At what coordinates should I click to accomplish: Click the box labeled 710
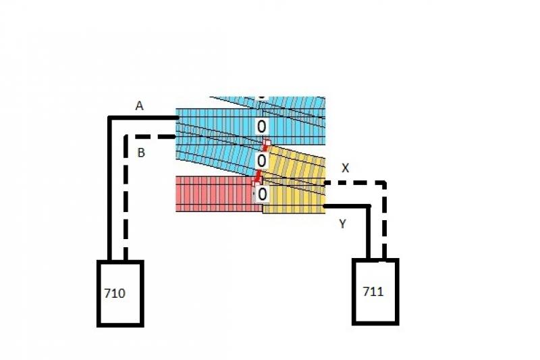pos(121,294)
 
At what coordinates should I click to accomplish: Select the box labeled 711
pos(375,292)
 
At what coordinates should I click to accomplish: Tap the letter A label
pos(139,106)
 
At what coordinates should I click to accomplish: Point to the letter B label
pos(141,153)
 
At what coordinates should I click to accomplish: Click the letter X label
pos(345,168)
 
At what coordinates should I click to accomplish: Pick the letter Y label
pos(342,224)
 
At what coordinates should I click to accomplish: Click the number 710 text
pos(115,294)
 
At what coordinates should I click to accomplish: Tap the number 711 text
pos(373,292)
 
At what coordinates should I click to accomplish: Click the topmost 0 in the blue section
pos(261,127)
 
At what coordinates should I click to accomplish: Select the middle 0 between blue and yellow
pos(261,161)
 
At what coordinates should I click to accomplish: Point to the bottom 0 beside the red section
pos(262,195)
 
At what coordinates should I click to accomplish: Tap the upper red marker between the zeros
pos(266,145)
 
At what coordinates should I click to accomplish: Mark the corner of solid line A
pos(110,118)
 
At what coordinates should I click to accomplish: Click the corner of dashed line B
pos(126,136)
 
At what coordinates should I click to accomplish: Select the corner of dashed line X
pos(384,182)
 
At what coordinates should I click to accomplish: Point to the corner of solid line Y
pos(369,207)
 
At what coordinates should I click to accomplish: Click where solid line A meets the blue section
pos(178,118)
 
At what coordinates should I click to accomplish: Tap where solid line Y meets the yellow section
pos(325,207)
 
